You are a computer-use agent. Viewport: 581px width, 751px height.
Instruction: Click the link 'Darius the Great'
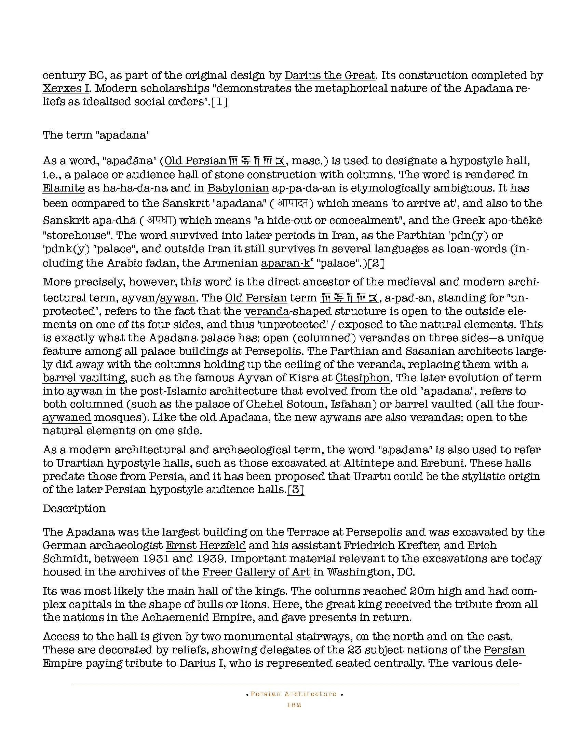(x=330, y=75)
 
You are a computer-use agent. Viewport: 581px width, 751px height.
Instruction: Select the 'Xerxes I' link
(x=66, y=89)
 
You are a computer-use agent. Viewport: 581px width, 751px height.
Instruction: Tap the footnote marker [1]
(x=220, y=102)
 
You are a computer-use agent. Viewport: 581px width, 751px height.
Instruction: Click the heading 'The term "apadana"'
(x=96, y=135)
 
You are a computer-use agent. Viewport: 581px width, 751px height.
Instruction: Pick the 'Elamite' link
(x=64, y=188)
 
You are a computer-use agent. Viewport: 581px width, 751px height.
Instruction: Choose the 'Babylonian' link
(x=238, y=188)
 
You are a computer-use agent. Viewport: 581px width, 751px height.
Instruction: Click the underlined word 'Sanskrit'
(x=186, y=203)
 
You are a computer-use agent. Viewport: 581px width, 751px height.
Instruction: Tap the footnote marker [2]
(x=376, y=263)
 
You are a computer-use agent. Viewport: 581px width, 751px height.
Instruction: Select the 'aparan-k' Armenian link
(x=287, y=263)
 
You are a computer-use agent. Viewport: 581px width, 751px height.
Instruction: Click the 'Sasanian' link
(x=430, y=351)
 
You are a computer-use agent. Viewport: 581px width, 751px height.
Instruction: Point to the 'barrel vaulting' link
(x=84, y=378)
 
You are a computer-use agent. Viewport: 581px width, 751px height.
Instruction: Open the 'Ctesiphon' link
(x=362, y=378)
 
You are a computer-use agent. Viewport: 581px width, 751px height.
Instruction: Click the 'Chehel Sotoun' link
(x=285, y=404)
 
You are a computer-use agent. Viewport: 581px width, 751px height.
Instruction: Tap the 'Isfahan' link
(x=351, y=404)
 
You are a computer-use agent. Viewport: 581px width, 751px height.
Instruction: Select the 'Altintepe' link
(x=369, y=463)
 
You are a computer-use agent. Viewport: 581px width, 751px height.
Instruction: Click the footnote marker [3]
(x=296, y=490)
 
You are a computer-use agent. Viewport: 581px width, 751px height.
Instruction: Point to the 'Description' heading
(x=74, y=509)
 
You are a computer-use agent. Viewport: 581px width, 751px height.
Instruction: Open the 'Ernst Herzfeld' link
(x=206, y=545)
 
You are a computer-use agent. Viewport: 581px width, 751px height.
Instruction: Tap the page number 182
(x=294, y=705)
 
